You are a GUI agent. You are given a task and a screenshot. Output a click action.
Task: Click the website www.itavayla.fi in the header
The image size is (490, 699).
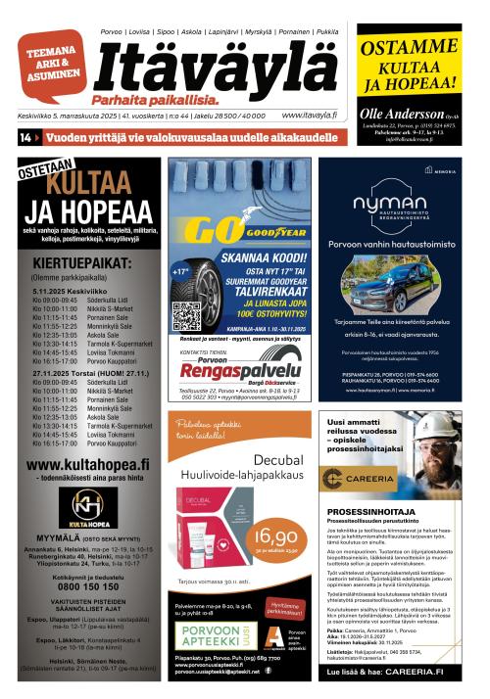click(306, 115)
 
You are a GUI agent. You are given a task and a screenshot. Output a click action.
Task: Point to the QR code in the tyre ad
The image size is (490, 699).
click(186, 316)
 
